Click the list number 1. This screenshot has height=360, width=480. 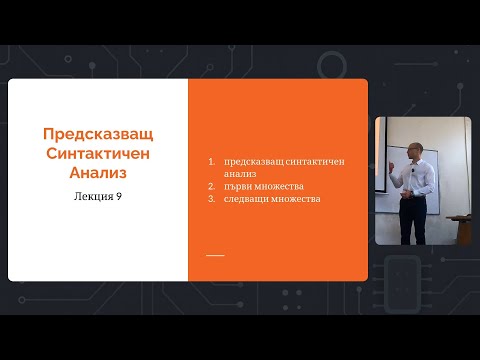click(x=213, y=161)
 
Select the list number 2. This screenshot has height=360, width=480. click(x=213, y=185)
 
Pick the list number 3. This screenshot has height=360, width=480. click(x=213, y=198)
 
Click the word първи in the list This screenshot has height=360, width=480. click(x=240, y=185)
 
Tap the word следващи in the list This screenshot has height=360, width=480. click(x=247, y=198)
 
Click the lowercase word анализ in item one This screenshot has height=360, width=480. click(x=241, y=173)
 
